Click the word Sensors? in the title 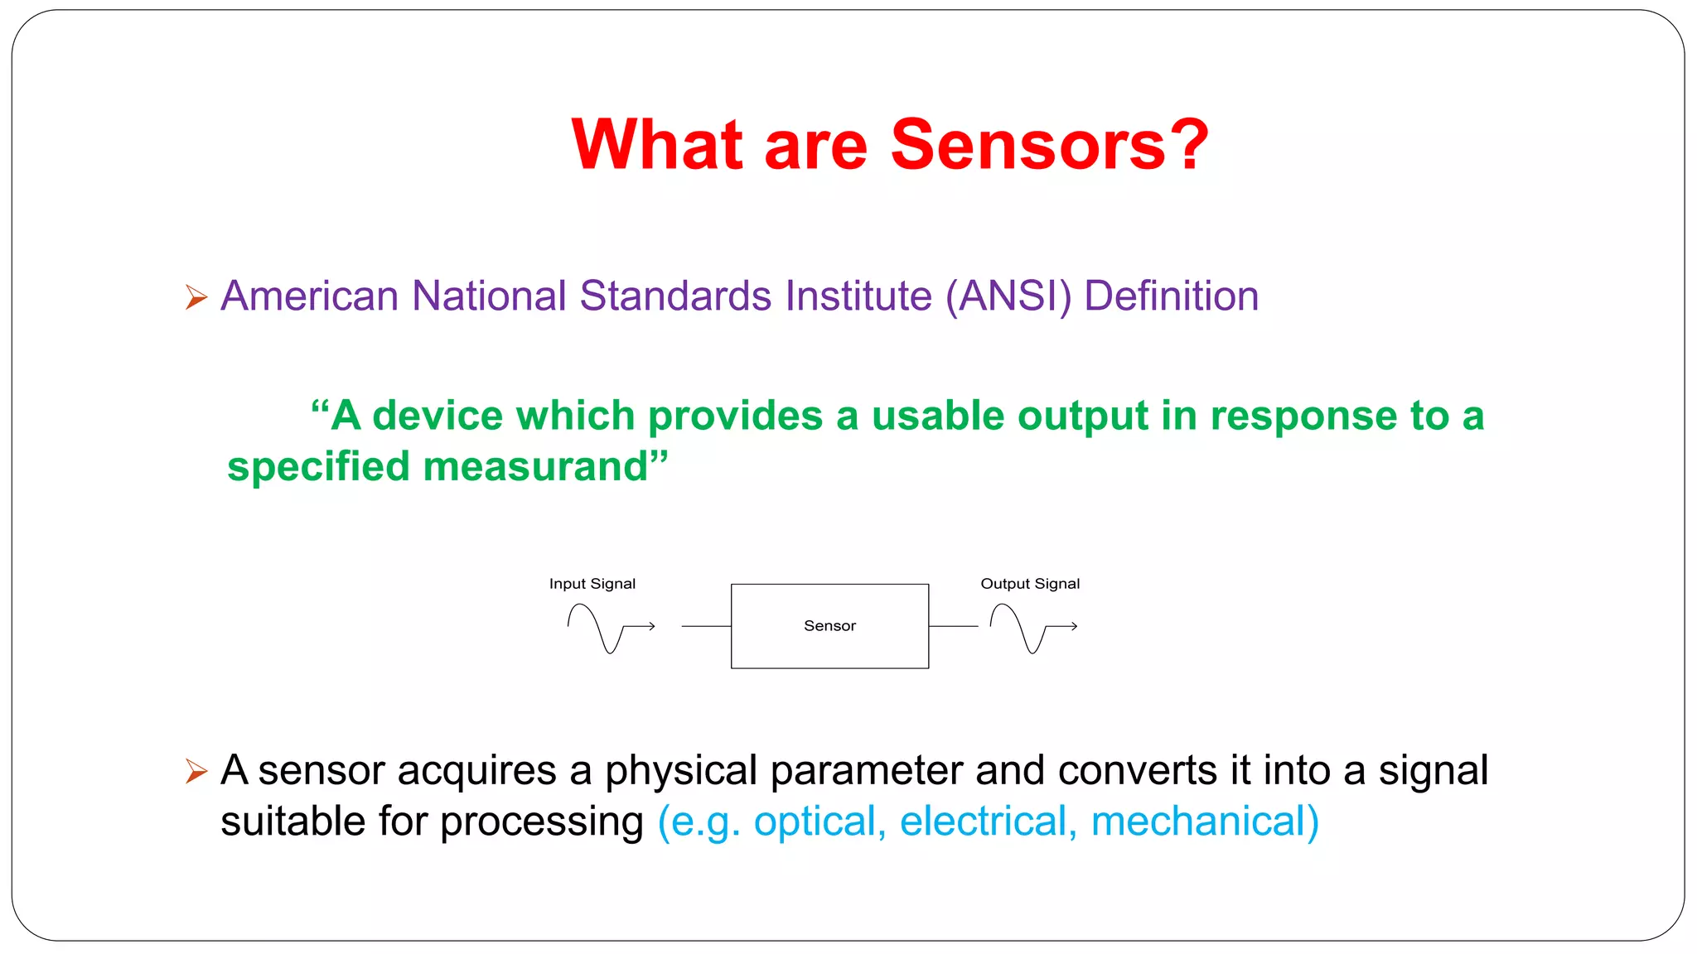coord(1049,145)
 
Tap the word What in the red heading coord(656,145)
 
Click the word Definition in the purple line coord(1171,296)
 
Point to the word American coord(310,296)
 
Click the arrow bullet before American coord(196,296)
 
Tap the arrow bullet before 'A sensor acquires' coord(196,771)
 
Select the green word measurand coord(535,467)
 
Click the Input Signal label coord(592,584)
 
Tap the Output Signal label coord(1030,584)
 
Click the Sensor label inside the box coord(829,626)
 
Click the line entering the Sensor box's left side coord(706,626)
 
